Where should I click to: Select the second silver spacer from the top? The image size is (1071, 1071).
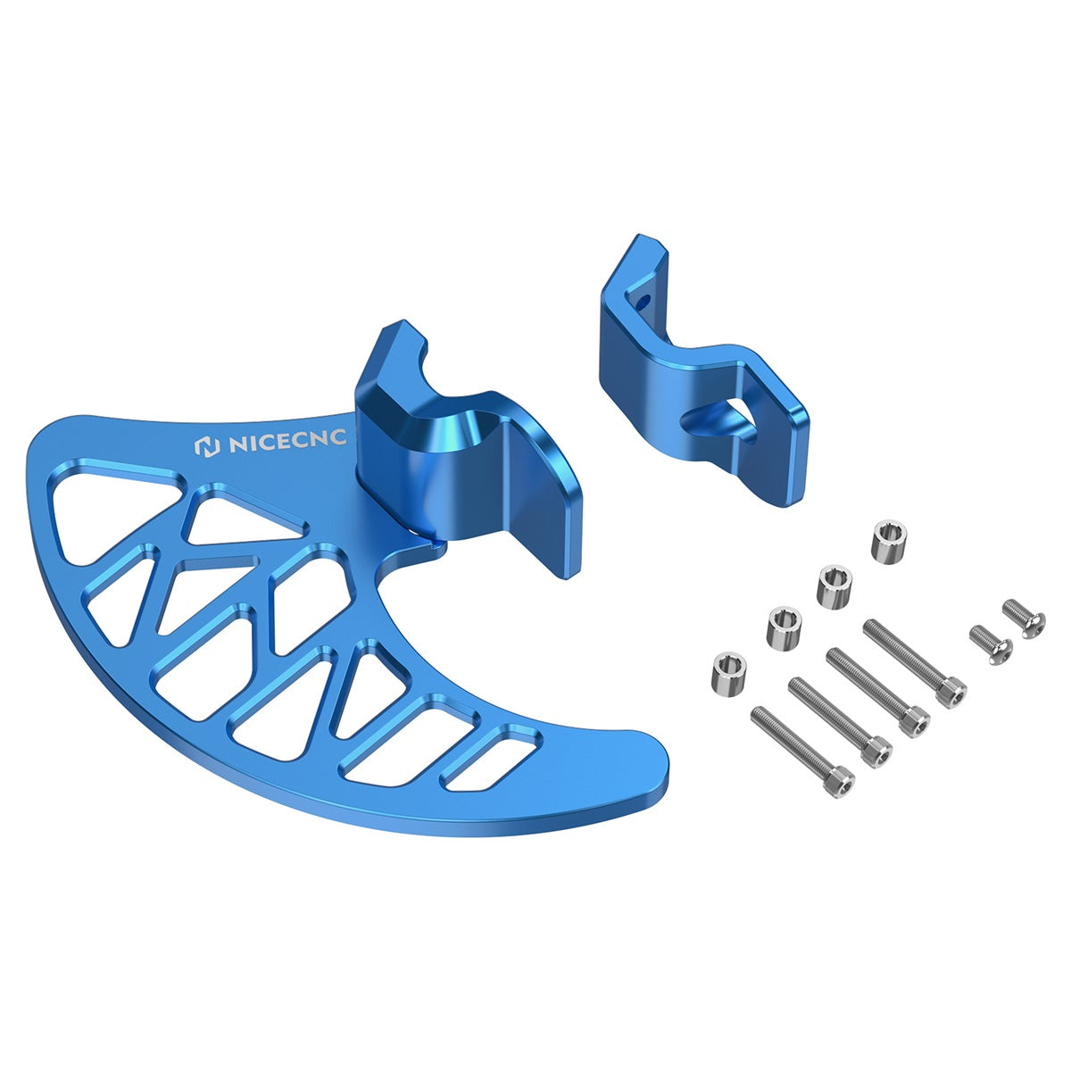point(835,586)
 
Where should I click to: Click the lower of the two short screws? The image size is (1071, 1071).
point(991,643)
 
